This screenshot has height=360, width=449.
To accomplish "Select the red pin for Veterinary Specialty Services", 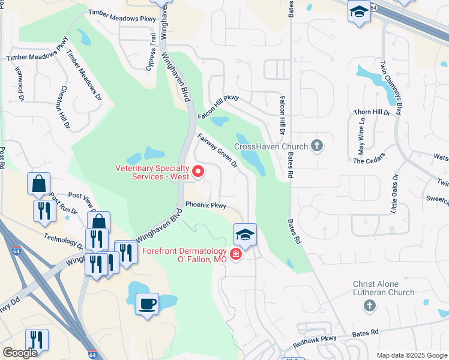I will tap(198, 173).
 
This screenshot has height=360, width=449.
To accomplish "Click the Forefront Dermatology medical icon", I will tap(236, 254).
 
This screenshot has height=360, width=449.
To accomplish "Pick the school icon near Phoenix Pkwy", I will tap(245, 235).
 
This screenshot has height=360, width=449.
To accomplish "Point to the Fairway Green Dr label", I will tap(218, 150).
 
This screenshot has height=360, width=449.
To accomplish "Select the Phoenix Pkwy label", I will tap(205, 205).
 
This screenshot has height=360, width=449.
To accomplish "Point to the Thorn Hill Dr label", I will tap(372, 112).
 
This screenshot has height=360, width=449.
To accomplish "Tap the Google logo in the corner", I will tap(20, 353).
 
